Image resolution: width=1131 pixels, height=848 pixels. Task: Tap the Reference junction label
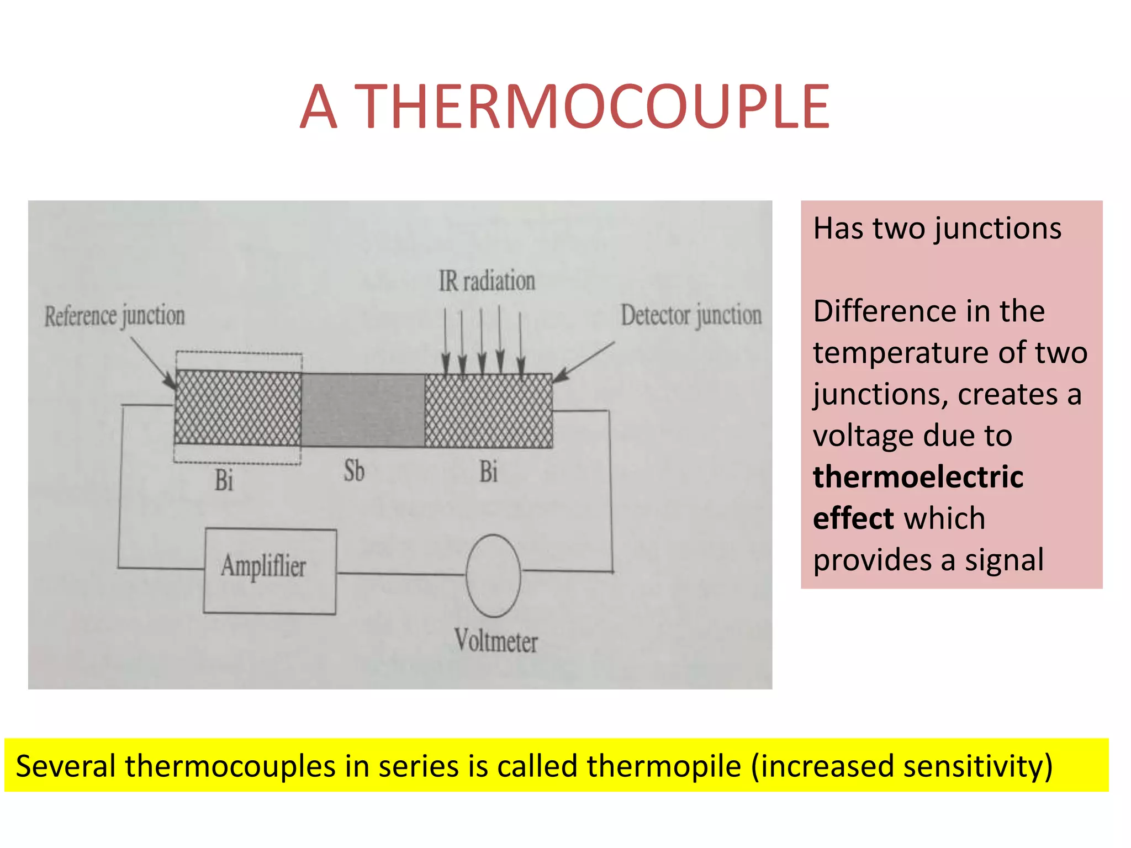click(114, 316)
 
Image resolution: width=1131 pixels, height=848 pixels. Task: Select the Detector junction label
click(691, 315)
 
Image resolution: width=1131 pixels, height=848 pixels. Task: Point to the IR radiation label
click(487, 281)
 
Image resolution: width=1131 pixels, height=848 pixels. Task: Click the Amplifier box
click(269, 571)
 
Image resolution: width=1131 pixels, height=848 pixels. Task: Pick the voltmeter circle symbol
click(493, 575)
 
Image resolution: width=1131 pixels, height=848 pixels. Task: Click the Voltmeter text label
click(496, 642)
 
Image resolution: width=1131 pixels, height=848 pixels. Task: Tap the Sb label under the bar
click(354, 471)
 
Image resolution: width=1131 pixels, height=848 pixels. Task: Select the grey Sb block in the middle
click(363, 410)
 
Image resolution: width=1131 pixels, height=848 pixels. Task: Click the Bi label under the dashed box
click(224, 480)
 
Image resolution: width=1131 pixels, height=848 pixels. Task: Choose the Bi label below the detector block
click(488, 472)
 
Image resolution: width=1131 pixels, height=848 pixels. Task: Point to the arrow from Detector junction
click(584, 362)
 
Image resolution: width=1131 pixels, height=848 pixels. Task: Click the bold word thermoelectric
click(918, 476)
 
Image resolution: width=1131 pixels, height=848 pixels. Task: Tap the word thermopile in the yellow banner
click(663, 766)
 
